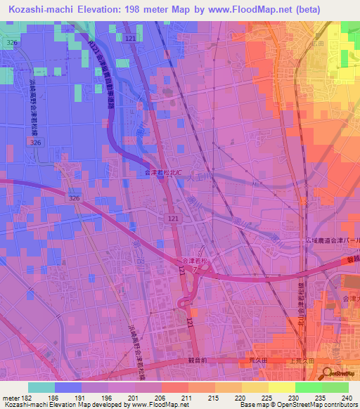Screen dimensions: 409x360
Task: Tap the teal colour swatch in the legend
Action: (x=41, y=387)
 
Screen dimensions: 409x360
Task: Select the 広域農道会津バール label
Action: (x=333, y=241)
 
